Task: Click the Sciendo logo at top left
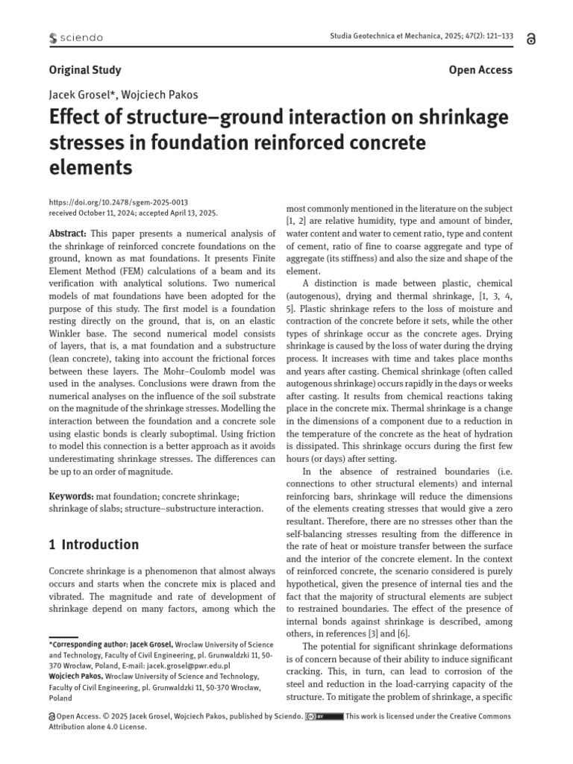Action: point(75,37)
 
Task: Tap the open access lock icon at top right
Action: point(530,40)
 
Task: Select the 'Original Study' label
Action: point(85,70)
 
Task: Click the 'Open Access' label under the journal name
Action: point(480,70)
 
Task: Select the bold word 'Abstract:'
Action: point(67,233)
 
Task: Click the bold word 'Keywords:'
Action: point(72,496)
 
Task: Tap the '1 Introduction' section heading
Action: point(94,545)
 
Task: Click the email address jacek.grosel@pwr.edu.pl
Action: point(187,665)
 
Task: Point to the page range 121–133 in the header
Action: point(494,37)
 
